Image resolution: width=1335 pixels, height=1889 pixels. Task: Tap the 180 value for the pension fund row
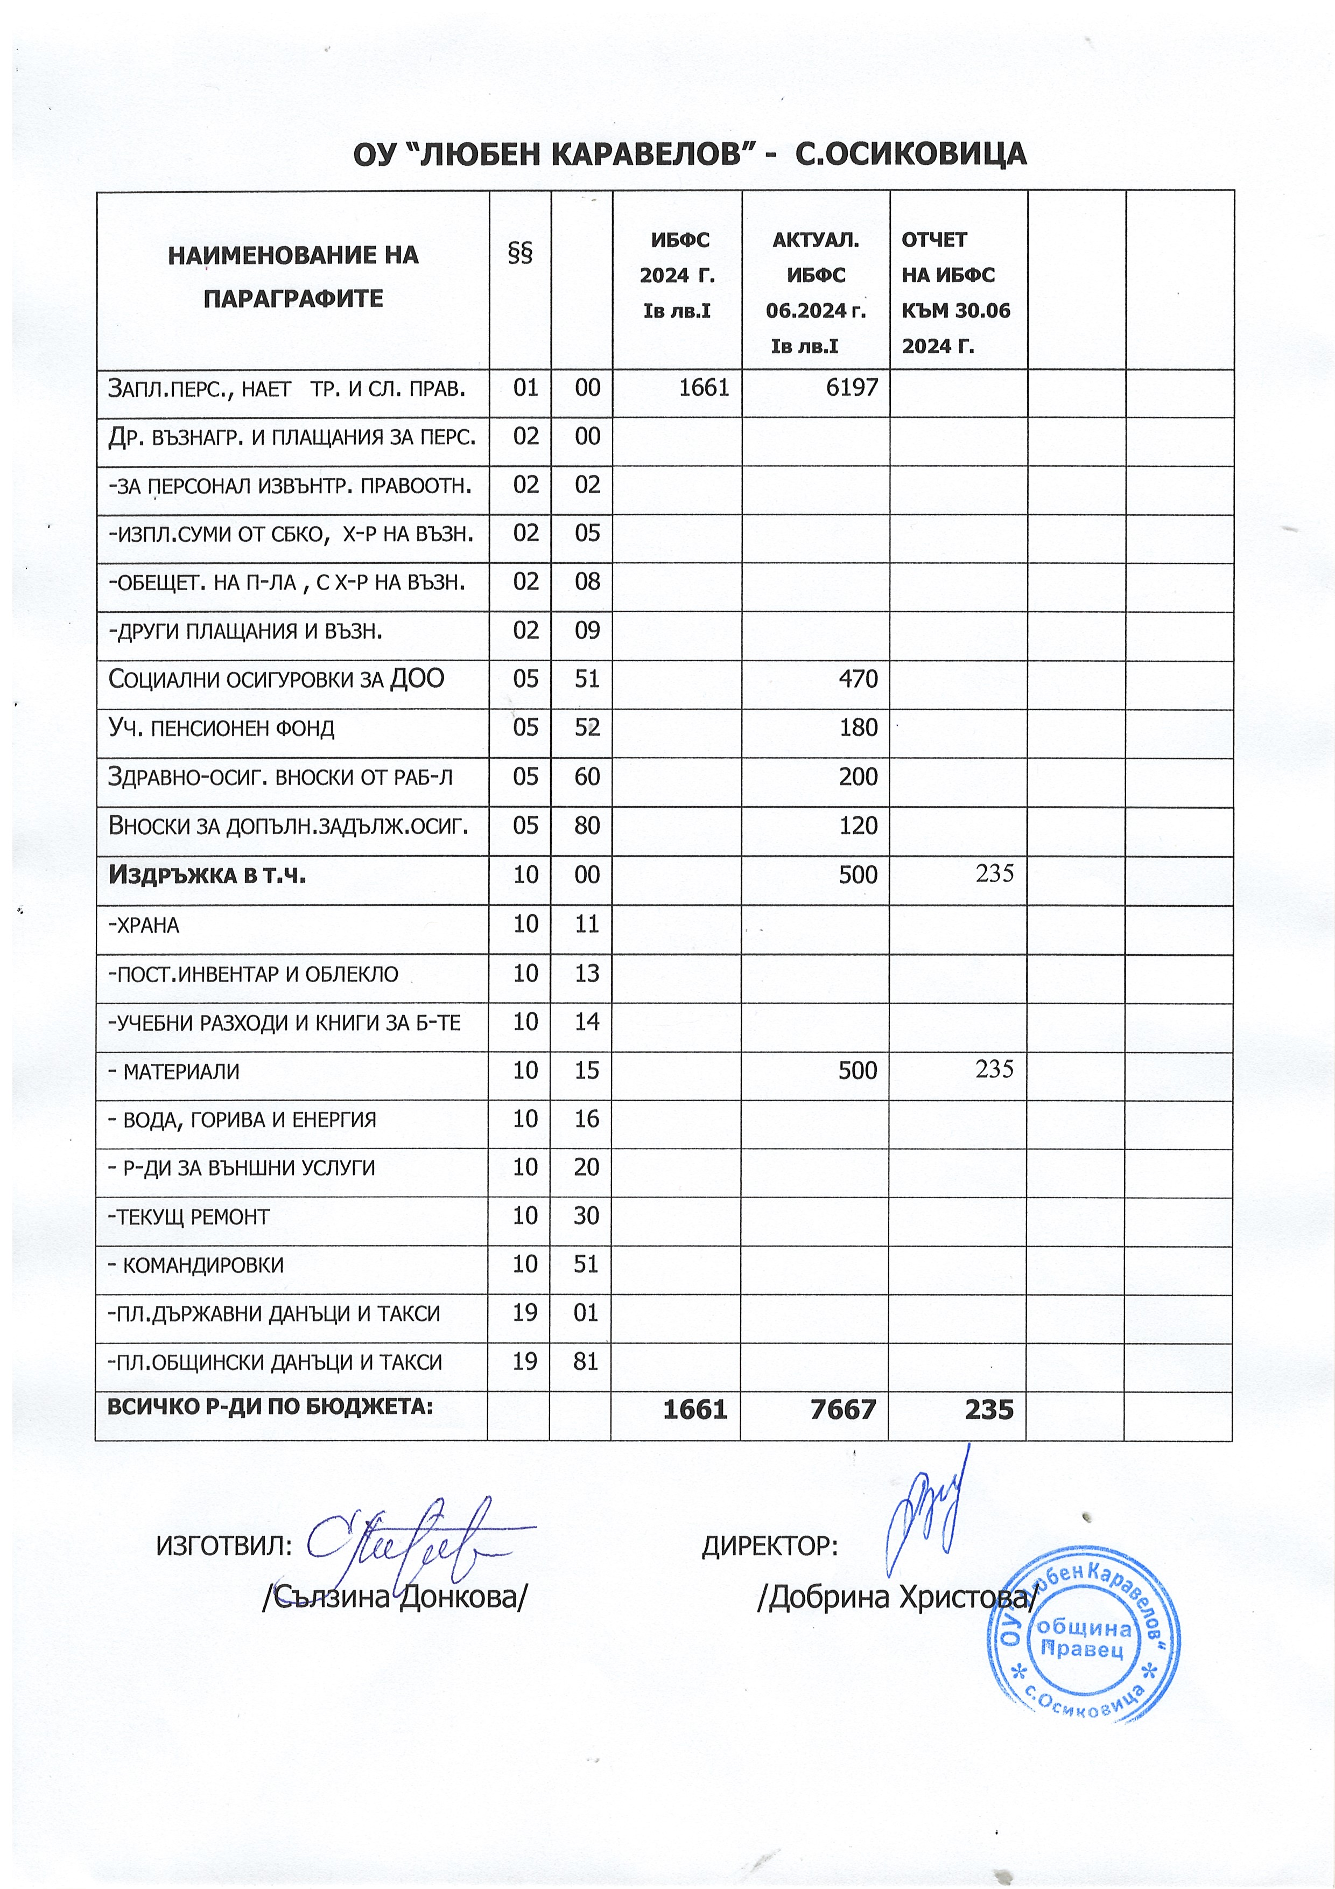858,727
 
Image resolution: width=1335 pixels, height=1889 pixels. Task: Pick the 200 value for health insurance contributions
858,776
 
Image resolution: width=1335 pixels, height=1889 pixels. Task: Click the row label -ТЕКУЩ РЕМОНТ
189,1217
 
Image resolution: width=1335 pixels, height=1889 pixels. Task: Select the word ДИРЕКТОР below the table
769,1547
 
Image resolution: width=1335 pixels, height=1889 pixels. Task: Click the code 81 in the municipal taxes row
586,1362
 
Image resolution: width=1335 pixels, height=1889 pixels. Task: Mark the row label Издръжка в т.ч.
207,874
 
